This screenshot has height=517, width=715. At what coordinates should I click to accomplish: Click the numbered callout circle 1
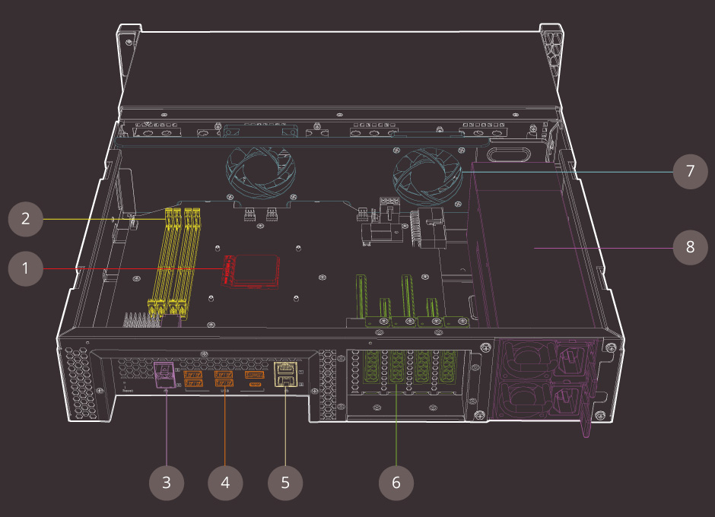click(x=25, y=268)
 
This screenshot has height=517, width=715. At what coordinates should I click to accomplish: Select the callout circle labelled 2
click(x=25, y=219)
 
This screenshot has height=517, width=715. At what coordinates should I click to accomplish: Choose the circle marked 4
click(x=225, y=481)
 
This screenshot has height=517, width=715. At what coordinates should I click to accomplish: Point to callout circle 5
click(x=285, y=481)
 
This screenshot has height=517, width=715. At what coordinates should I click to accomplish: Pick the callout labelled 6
click(x=396, y=481)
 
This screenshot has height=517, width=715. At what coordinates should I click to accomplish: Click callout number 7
click(x=690, y=171)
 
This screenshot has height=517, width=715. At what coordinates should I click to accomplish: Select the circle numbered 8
click(x=690, y=247)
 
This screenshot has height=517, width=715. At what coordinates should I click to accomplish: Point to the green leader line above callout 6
click(x=396, y=426)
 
